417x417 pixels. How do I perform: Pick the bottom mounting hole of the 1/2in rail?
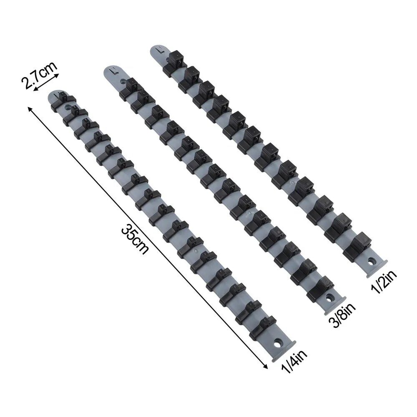[x=371, y=261]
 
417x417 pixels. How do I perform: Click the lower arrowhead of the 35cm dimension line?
[x=266, y=367]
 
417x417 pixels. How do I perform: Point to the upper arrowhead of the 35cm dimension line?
[x=30, y=108]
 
